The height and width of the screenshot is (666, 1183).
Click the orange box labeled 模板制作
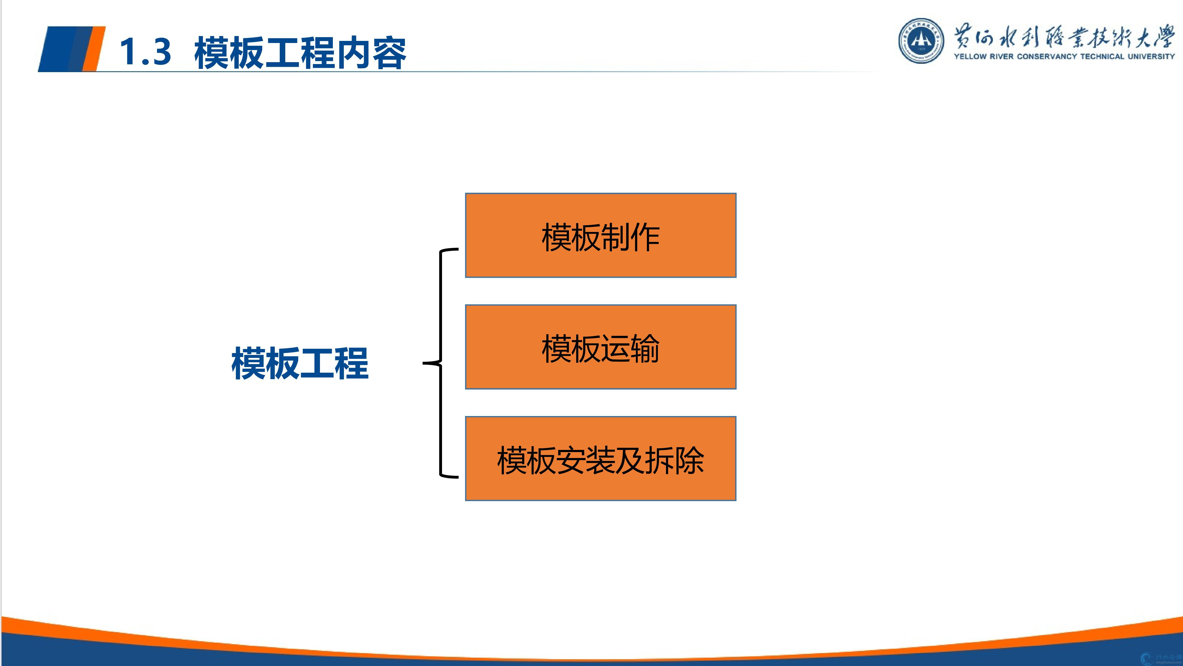[x=601, y=235]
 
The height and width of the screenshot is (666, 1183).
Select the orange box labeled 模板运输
[x=601, y=347]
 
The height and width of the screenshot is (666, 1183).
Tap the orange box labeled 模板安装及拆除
[x=601, y=459]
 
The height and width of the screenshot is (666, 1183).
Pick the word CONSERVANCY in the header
[x=1047, y=57]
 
